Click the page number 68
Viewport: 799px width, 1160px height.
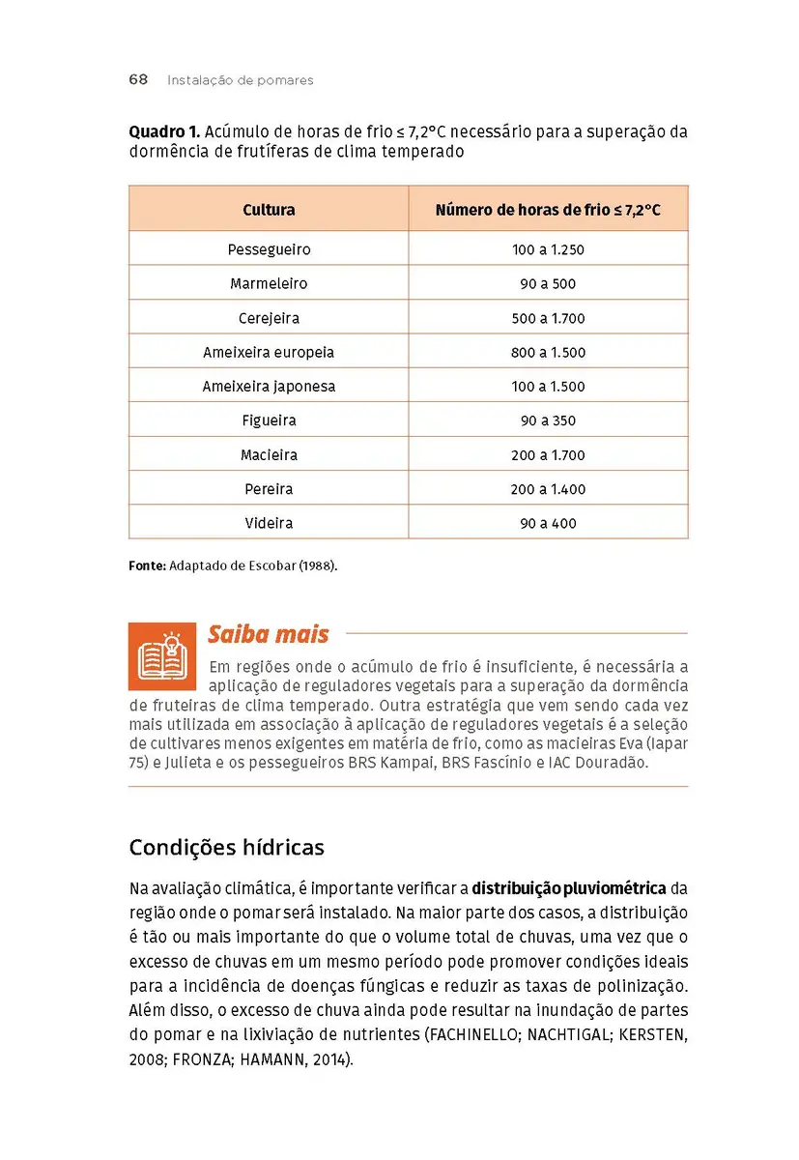pyautogui.click(x=138, y=80)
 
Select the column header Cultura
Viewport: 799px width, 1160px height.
pyautogui.click(x=269, y=210)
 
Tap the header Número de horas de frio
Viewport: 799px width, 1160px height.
pyautogui.click(x=548, y=210)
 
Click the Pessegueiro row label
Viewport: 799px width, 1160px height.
pyautogui.click(x=269, y=249)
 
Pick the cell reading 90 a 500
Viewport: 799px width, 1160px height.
pyautogui.click(x=548, y=284)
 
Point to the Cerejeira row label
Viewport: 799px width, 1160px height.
pyautogui.click(x=269, y=318)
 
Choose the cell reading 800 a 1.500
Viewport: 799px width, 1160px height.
pyautogui.click(x=548, y=353)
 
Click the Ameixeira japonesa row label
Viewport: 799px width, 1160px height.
pyautogui.click(x=269, y=387)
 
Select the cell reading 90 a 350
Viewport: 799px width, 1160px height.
pyautogui.click(x=548, y=420)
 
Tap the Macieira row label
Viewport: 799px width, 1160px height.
pyautogui.click(x=269, y=455)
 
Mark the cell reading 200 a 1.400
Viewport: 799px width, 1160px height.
pyautogui.click(x=548, y=489)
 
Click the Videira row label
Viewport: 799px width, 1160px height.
pyautogui.click(x=269, y=523)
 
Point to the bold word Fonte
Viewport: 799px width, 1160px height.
pyautogui.click(x=147, y=565)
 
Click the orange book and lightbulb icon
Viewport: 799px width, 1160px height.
pyautogui.click(x=161, y=656)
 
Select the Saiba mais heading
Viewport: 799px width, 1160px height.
pyautogui.click(x=268, y=635)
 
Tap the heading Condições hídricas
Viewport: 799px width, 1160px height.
pyautogui.click(x=226, y=848)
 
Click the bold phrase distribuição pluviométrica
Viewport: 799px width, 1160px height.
pyautogui.click(x=568, y=887)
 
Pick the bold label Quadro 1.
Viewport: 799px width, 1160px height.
pyautogui.click(x=164, y=131)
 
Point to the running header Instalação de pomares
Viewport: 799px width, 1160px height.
pyautogui.click(x=240, y=80)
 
